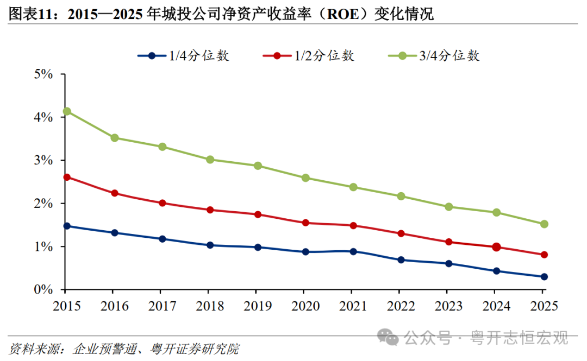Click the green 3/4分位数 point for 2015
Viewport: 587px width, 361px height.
pos(67,111)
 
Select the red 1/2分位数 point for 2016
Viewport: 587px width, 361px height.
pos(115,193)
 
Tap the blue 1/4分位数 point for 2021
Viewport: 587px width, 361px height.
pos(353,252)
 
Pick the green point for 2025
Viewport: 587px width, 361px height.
pos(544,224)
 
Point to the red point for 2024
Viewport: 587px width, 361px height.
pos(497,248)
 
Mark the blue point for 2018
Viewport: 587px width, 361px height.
pos(210,245)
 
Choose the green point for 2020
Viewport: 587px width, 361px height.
pos(305,178)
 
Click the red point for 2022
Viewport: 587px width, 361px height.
pos(401,234)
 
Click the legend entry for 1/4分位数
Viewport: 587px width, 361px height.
pos(183,56)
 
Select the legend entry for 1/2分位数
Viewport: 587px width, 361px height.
pos(309,56)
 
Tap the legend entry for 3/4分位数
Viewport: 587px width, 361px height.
pos(434,56)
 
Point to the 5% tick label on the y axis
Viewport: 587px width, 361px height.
pos(43,74)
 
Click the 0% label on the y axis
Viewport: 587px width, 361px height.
pos(43,289)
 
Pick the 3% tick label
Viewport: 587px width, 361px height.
pos(43,161)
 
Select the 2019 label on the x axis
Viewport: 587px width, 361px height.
pos(258,306)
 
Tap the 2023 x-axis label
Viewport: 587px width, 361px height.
pos(448,306)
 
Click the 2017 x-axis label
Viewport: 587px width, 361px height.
pos(162,306)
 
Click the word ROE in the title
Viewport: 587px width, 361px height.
pos(343,15)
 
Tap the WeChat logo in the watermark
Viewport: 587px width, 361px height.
pos(388,337)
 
